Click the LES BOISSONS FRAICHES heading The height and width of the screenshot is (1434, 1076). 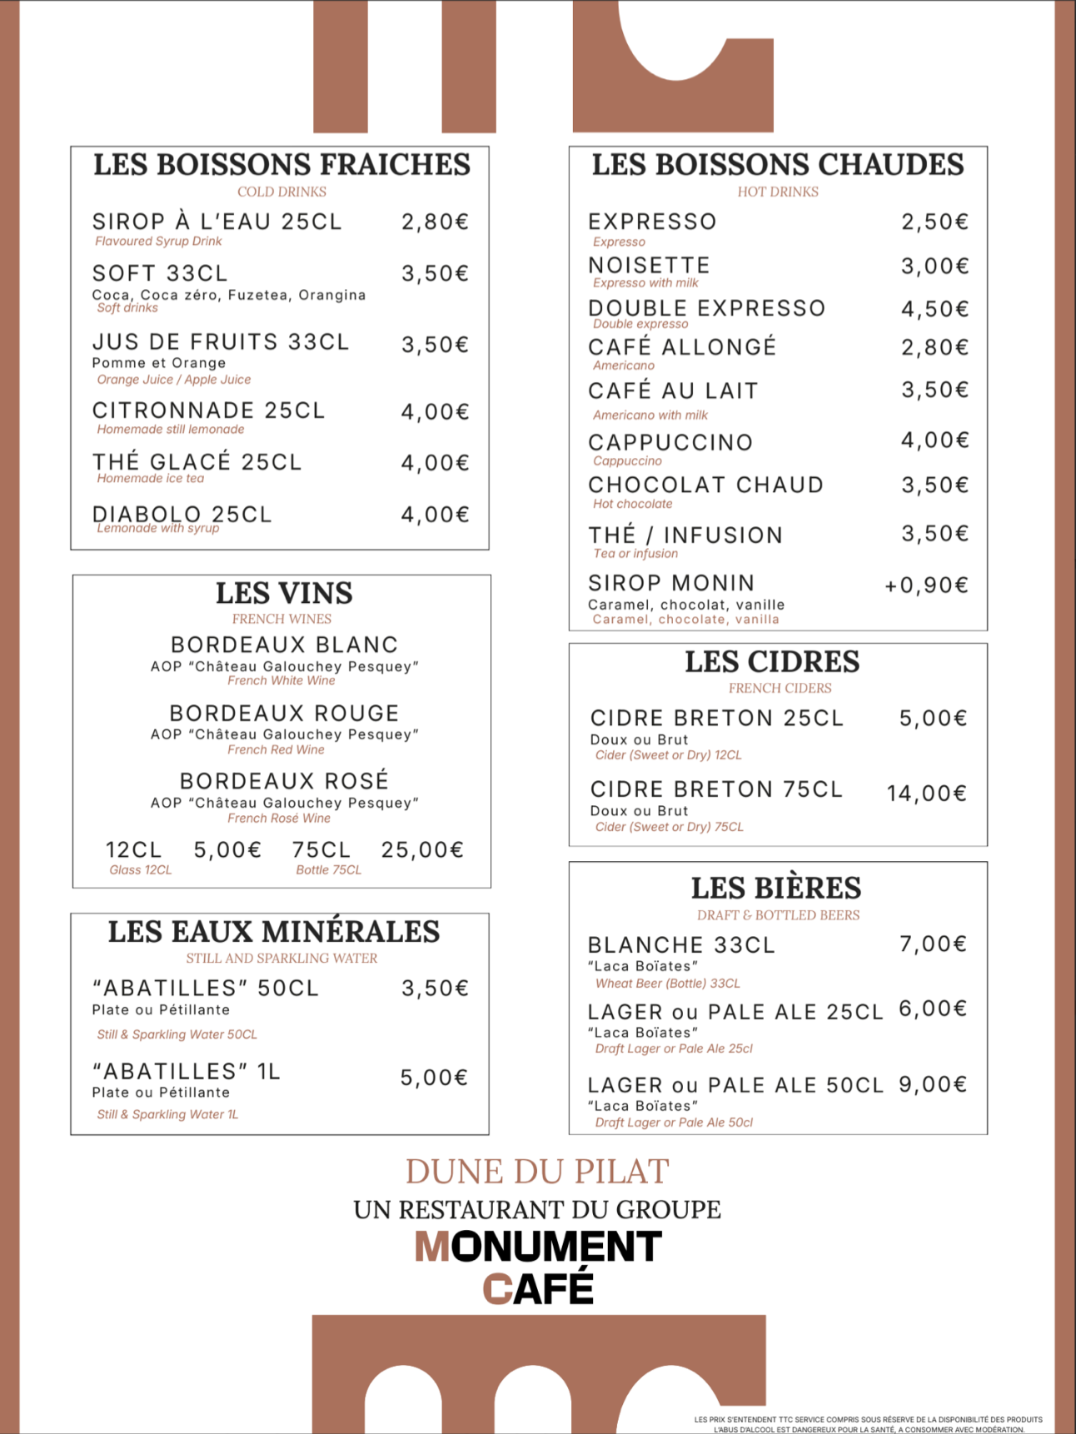pos(281,165)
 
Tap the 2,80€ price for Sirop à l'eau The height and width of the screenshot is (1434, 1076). pos(435,222)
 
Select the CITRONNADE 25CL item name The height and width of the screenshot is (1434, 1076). pos(208,411)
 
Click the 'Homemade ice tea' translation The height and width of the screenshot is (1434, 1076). pos(150,479)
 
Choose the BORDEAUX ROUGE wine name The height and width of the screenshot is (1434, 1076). pos(284,714)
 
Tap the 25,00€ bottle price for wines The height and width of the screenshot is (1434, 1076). pos(422,850)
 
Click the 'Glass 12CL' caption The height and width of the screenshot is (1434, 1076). pos(140,870)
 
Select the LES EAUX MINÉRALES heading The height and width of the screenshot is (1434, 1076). pos(274,932)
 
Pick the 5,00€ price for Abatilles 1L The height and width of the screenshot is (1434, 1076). pos(434,1078)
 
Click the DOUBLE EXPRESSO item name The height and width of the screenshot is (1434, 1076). pos(706,309)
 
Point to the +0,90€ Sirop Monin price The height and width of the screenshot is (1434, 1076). pos(926,585)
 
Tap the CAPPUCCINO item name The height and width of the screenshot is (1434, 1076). pos(670,443)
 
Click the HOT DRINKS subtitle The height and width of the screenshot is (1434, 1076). pos(777,192)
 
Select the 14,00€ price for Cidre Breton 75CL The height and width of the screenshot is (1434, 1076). pos(926,794)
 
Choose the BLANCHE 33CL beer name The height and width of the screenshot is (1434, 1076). pos(681,945)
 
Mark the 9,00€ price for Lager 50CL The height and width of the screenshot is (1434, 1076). pos(932,1085)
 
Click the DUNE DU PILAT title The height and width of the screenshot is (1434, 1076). pos(537,1172)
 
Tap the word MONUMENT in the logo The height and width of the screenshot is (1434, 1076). pos(539,1247)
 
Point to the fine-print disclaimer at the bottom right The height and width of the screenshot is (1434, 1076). pos(867,1425)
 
